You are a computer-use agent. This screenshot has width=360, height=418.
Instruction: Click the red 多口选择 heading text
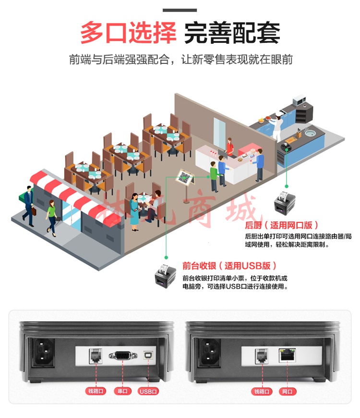click(128, 33)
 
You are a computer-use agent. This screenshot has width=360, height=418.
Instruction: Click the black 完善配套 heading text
click(232, 33)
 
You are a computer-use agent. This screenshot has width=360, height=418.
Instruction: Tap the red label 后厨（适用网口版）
click(281, 225)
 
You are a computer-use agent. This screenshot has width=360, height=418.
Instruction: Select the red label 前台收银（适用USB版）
click(229, 266)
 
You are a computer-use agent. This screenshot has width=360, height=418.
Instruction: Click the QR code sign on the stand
click(184, 177)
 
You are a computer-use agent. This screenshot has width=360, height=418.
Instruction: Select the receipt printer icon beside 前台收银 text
click(166, 276)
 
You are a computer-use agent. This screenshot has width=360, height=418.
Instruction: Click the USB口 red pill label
click(148, 392)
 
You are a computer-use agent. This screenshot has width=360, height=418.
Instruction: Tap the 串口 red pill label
click(122, 391)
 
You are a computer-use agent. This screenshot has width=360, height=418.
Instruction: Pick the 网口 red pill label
click(287, 392)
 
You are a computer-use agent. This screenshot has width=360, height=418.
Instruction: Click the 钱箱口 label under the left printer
click(96, 391)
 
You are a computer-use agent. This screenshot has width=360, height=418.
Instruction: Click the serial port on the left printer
click(123, 356)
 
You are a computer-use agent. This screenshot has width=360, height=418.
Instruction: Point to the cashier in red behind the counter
click(229, 147)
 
